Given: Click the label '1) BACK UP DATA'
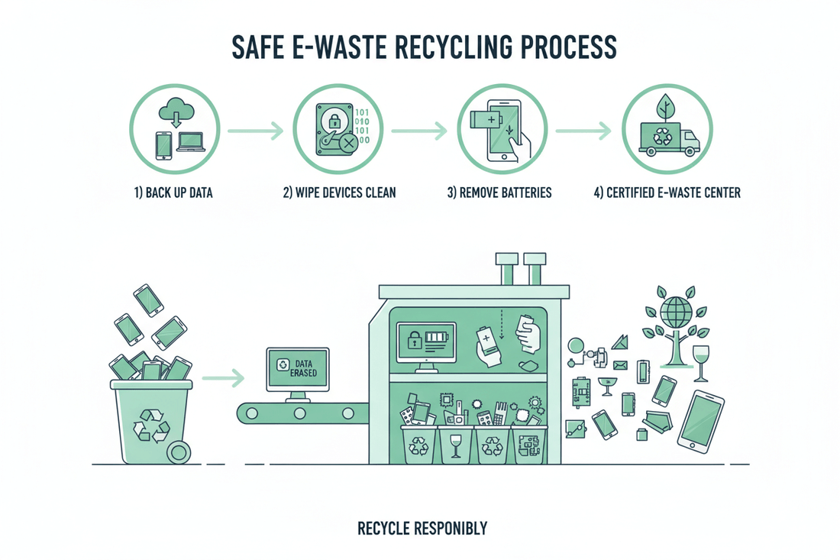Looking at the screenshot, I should [173, 193].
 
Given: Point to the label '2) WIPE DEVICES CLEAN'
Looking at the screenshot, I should [339, 193].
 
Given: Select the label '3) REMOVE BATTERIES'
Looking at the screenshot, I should [499, 193].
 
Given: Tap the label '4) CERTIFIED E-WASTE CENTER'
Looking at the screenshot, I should [667, 193].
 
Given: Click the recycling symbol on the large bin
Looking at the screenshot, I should [151, 425].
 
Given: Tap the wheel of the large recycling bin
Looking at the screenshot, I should [180, 452].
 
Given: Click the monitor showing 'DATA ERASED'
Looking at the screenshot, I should [297, 370].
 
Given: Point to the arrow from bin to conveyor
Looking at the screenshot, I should [223, 377].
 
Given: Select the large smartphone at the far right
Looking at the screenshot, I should [699, 422].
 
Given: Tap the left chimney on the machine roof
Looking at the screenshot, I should [506, 267].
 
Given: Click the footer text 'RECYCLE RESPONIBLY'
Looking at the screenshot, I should [422, 528].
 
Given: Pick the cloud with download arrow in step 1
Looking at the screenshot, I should [175, 114].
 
